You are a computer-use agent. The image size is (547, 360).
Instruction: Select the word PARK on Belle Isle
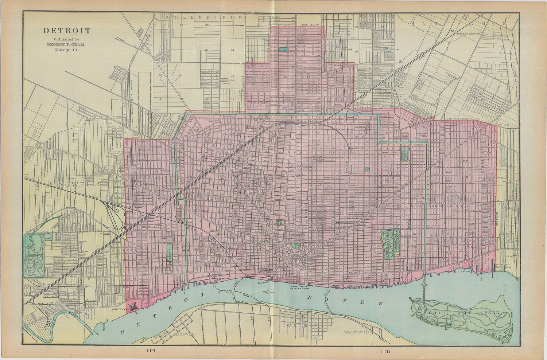[x=493, y=313]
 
